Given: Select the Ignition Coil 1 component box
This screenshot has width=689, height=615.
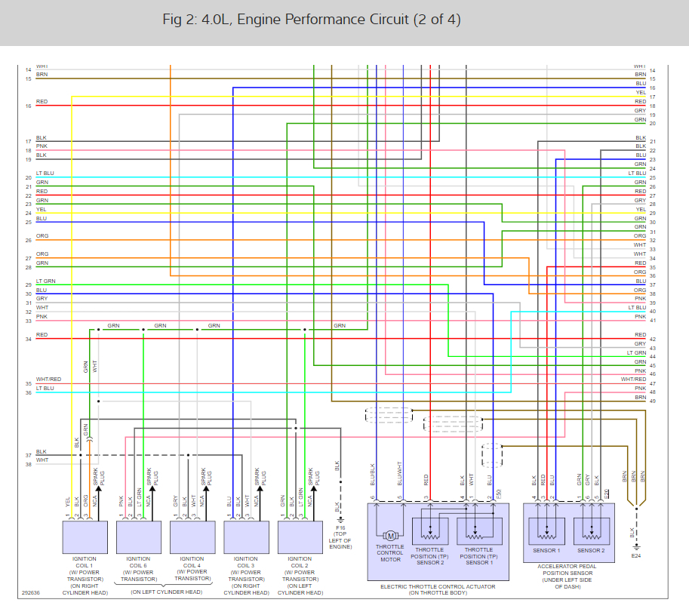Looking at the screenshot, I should (x=85, y=537).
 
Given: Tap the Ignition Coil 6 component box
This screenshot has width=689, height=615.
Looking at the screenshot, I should (x=139, y=537).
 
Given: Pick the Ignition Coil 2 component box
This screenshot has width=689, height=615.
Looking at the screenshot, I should (x=300, y=537).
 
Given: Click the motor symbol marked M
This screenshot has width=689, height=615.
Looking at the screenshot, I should (x=389, y=537).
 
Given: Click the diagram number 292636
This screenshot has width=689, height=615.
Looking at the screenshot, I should (x=32, y=592).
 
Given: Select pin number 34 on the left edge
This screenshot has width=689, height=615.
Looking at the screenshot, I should (x=28, y=339).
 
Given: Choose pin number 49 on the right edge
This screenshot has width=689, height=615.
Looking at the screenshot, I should (x=652, y=401).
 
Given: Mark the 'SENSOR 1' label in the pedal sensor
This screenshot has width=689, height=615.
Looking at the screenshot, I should (x=548, y=550).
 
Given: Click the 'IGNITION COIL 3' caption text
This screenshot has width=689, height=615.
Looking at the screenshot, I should (x=247, y=562).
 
